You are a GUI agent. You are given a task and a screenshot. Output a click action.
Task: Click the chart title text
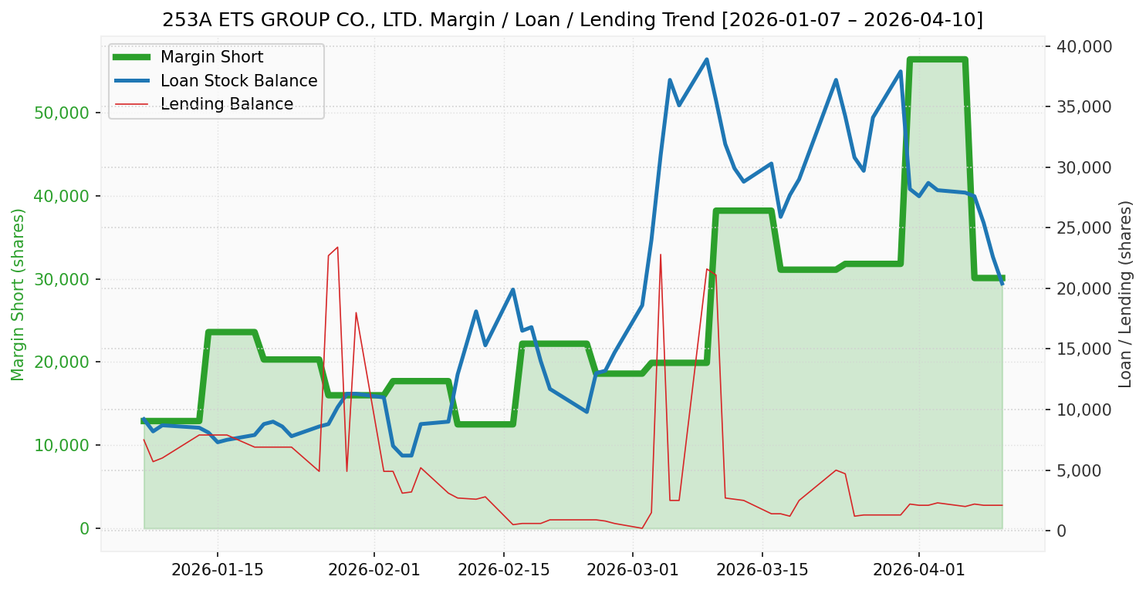(573, 20)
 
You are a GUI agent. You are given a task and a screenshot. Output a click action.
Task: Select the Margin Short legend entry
(211, 57)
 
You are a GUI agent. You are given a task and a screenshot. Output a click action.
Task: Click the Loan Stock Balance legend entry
(238, 81)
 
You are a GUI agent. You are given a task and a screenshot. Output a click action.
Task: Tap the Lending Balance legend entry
(226, 104)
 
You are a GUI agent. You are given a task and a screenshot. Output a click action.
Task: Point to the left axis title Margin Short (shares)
(19, 295)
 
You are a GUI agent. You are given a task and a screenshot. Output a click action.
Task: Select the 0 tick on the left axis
(84, 528)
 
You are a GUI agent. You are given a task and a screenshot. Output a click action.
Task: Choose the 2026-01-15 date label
(217, 570)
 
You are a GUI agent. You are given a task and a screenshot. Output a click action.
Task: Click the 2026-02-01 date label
(374, 570)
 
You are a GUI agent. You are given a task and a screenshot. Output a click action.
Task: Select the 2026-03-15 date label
(762, 570)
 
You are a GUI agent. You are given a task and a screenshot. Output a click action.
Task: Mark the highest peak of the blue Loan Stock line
(706, 59)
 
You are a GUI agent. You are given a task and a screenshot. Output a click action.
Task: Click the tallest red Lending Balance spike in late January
(337, 247)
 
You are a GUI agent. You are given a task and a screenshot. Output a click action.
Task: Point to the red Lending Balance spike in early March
(661, 255)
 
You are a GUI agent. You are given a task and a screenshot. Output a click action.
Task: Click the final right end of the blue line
(1002, 285)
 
